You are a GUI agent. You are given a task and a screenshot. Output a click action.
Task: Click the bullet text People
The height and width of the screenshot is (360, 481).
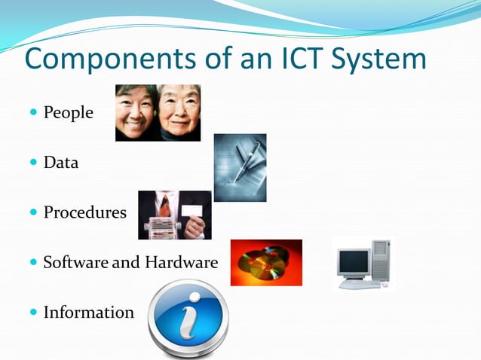click(x=68, y=113)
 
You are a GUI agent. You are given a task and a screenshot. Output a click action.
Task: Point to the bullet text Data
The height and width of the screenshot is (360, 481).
click(x=60, y=162)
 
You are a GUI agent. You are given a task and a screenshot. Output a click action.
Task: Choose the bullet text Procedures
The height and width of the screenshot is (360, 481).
click(x=84, y=212)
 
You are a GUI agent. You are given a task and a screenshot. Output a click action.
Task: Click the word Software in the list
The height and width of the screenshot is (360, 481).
click(x=75, y=263)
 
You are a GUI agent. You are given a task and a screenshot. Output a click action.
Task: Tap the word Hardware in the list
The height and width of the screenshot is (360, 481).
click(x=181, y=263)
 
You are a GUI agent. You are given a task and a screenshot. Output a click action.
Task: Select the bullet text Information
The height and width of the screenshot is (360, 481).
click(x=88, y=312)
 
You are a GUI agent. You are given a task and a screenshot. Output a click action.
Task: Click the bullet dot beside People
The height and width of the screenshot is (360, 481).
click(x=33, y=114)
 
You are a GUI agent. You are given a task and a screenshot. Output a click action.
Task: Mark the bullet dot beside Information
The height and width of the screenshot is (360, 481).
click(x=33, y=313)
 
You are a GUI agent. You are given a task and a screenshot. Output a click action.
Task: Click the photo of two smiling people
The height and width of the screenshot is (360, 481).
click(x=158, y=112)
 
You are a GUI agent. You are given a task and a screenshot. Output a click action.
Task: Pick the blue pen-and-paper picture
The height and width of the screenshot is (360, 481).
click(x=240, y=167)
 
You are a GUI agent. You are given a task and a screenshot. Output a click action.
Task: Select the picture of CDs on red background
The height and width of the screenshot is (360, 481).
click(x=265, y=262)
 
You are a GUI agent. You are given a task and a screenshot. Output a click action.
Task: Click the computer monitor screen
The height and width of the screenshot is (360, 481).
click(x=353, y=261)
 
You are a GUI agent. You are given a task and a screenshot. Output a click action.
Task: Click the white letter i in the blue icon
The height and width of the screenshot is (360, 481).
click(x=187, y=317)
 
